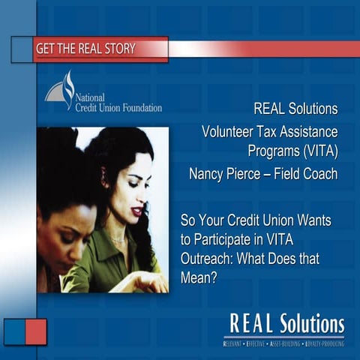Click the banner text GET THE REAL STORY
[x=85, y=49]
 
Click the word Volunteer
[x=231, y=131]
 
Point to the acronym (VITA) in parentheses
[x=313, y=151]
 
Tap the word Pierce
[x=250, y=174]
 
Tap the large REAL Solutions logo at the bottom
[x=286, y=325]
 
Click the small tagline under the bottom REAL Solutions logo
[x=284, y=343]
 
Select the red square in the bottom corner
[x=36, y=331]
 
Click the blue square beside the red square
[x=15, y=331]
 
